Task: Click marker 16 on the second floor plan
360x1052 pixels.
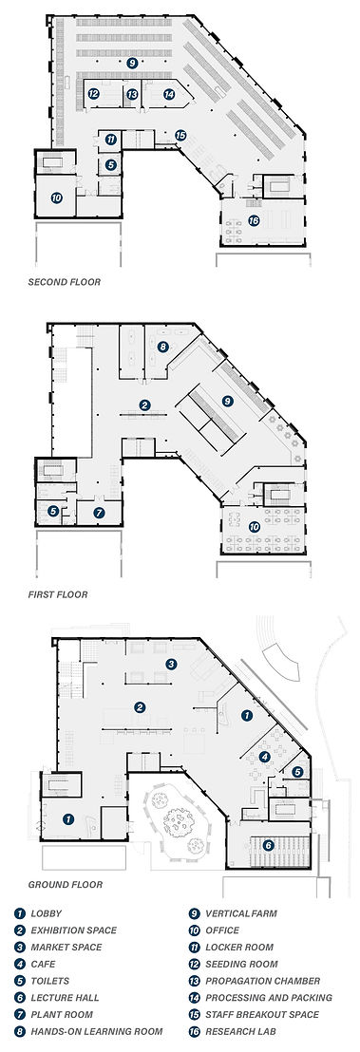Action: (x=253, y=220)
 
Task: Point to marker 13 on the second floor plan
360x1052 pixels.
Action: (x=132, y=94)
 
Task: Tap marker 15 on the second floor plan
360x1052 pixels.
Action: (x=180, y=136)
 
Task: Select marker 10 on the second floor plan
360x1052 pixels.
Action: (x=57, y=197)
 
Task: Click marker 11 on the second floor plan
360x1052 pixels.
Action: (x=111, y=140)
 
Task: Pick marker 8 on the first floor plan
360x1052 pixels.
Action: (x=163, y=348)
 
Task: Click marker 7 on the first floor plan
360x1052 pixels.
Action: (x=98, y=513)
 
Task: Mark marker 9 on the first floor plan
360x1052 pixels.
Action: (x=227, y=402)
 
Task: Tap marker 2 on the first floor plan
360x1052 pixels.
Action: (x=144, y=405)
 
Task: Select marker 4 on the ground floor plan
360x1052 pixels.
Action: (x=264, y=757)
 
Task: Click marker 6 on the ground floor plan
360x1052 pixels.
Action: (x=269, y=845)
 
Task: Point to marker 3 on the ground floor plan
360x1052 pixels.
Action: (x=171, y=664)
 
